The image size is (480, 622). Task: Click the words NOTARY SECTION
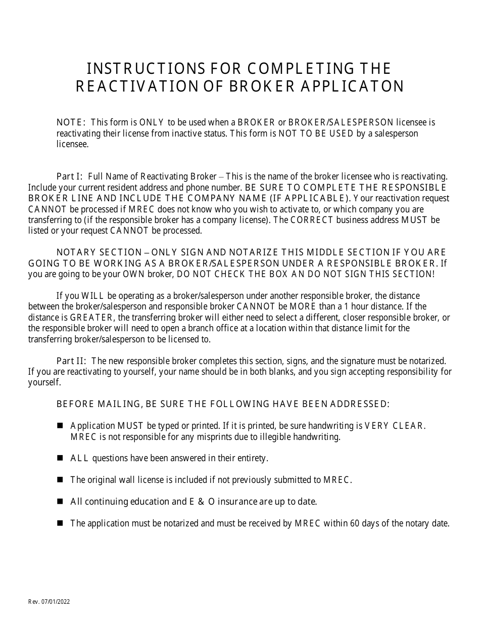point(99,252)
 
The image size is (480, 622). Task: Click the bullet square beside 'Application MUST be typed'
point(60,426)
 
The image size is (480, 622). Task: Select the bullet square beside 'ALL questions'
point(60,458)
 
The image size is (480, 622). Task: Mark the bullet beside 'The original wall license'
point(60,480)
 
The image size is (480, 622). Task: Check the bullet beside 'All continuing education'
point(60,502)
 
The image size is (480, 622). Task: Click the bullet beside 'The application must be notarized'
point(60,523)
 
